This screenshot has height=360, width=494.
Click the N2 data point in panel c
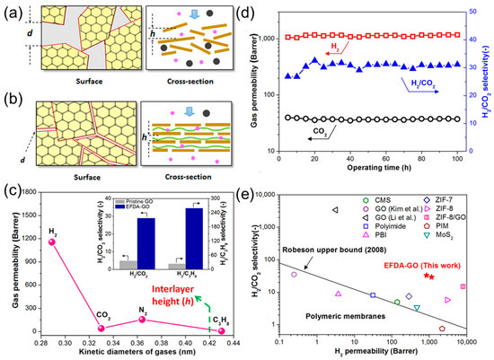tap(142, 320)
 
